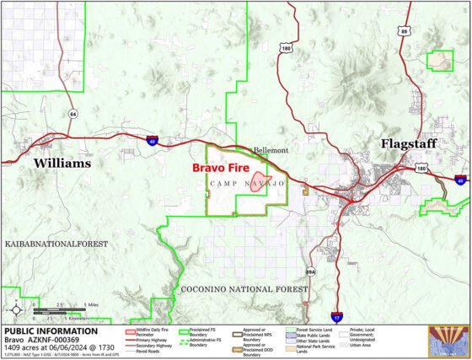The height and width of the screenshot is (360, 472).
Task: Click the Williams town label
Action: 62,163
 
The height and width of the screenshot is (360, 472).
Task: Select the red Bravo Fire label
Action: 221,168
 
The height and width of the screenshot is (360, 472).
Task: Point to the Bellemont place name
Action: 271,150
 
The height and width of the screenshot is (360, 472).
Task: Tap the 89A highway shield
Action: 309,272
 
